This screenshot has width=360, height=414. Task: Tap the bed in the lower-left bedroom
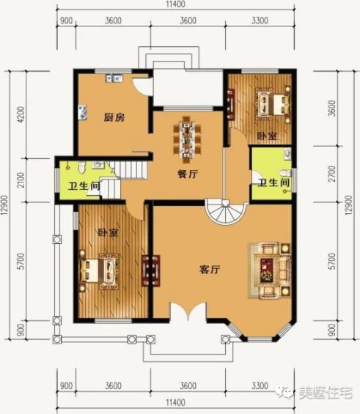101,269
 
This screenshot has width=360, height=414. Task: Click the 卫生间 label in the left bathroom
85,186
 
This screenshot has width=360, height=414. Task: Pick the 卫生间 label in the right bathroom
272,183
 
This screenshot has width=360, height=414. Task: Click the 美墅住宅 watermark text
326,392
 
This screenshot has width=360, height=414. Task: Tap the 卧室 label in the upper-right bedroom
267,136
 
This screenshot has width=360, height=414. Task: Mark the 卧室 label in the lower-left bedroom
108,233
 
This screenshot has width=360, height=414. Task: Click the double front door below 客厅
188,313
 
